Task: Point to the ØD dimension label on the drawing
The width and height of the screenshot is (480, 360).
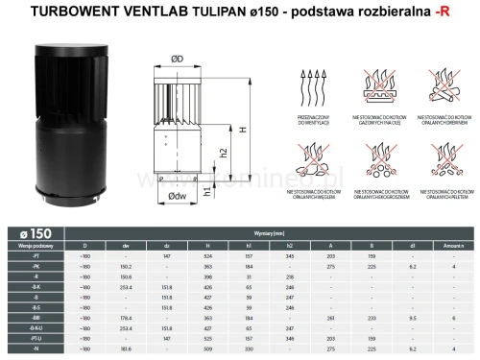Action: pos(178,60)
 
